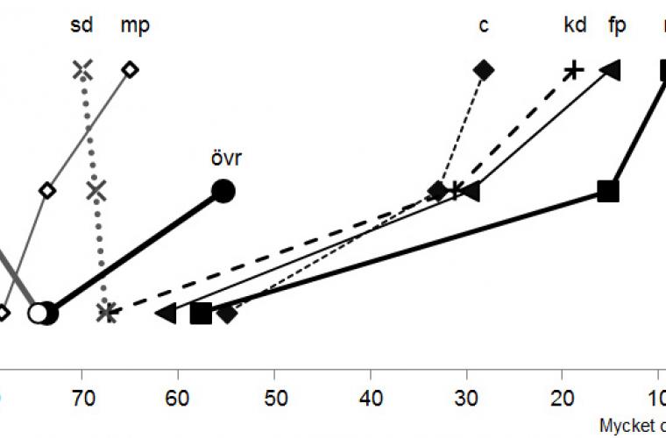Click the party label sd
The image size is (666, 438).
[x=81, y=25]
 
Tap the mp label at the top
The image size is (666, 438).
[x=135, y=25]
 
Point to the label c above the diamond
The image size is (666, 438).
[x=483, y=25]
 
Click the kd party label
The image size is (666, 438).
[x=574, y=25]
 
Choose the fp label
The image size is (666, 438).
[x=617, y=25]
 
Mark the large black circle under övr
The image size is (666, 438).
[x=223, y=191]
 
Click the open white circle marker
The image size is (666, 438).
[x=38, y=313]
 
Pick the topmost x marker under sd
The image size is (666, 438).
[x=82, y=69]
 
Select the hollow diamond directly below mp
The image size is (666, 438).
[x=130, y=69]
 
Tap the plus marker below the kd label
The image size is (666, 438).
[x=573, y=69]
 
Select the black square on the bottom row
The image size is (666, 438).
[x=201, y=313]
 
